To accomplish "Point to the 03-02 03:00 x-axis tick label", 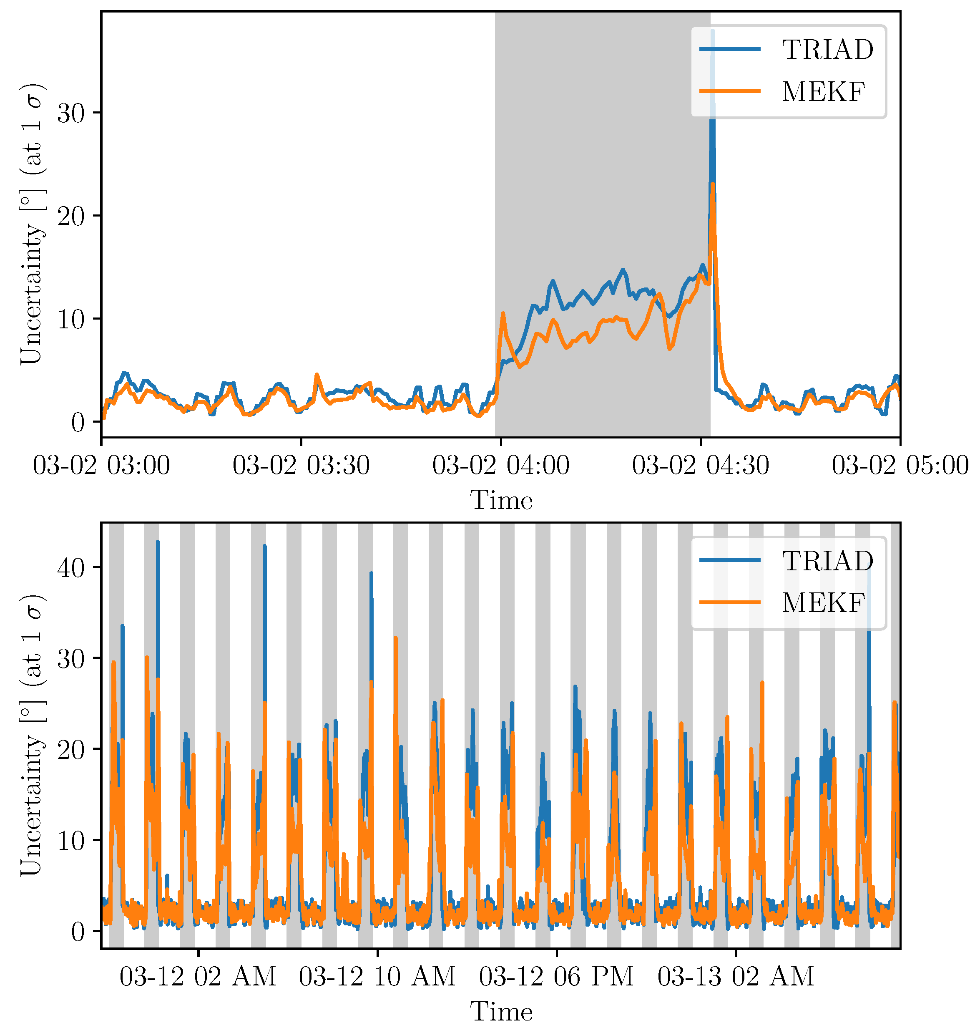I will [x=102, y=465].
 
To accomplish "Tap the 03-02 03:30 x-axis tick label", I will [x=301, y=465].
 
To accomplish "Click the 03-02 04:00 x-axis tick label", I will [x=500, y=465].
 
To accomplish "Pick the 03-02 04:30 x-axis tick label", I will [x=700, y=465].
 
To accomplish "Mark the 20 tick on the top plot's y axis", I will [x=70, y=216].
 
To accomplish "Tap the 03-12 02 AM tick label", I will [x=198, y=976].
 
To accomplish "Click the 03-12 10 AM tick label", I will [x=377, y=976].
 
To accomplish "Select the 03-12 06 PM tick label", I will [x=556, y=976].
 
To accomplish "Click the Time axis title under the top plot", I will [x=501, y=500].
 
